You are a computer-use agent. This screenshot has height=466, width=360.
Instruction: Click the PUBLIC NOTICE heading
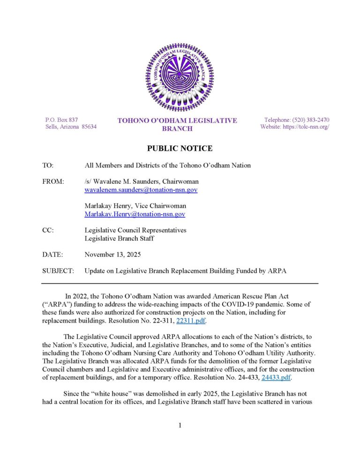tap(180, 149)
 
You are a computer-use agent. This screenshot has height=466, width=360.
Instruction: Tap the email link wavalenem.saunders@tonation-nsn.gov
tap(141, 190)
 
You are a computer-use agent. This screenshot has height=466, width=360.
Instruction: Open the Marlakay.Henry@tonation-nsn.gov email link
tap(135, 214)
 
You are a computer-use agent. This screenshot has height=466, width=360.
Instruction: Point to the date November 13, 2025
tap(112, 255)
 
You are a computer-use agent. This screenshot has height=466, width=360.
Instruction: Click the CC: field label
tap(48, 230)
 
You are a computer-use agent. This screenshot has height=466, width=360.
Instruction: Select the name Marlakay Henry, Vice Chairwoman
tap(135, 206)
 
